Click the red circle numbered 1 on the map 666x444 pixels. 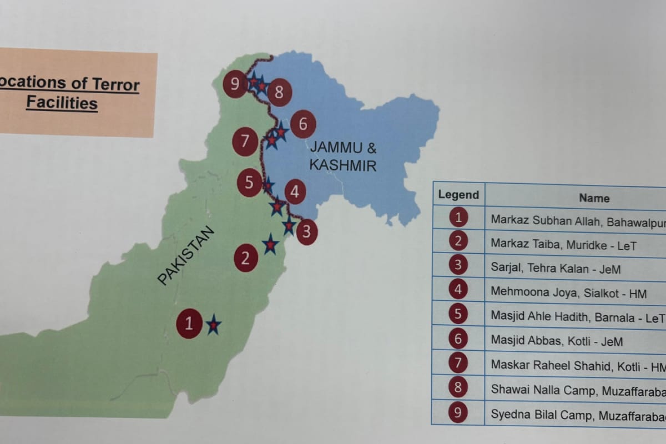point(189,324)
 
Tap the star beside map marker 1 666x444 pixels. point(213,325)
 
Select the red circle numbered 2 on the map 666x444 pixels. point(246,258)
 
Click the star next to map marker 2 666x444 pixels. point(270,244)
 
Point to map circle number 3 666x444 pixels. point(307,231)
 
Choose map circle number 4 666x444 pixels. point(295,192)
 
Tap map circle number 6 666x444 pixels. point(303,124)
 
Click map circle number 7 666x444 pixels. point(245,142)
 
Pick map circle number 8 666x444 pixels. point(279,92)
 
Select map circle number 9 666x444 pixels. point(235,84)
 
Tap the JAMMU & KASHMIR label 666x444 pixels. point(343,157)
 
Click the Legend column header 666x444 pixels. point(458,195)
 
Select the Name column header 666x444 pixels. point(594,198)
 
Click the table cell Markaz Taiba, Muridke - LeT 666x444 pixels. point(563,245)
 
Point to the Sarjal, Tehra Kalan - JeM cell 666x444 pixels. point(556,269)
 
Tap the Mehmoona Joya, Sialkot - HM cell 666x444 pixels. point(568,293)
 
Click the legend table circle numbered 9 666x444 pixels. point(458,412)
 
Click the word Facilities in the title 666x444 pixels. point(62,103)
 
